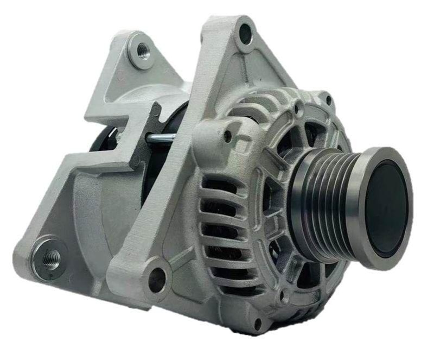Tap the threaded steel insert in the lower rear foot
[50, 255]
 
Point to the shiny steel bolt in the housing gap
[161, 138]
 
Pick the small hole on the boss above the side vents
[227, 136]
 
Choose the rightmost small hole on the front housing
[328, 100]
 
